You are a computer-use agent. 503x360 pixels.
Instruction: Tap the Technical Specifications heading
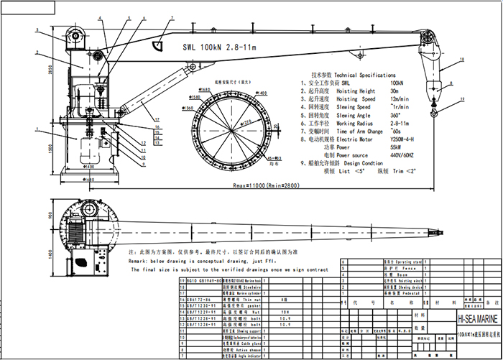point(353,75)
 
